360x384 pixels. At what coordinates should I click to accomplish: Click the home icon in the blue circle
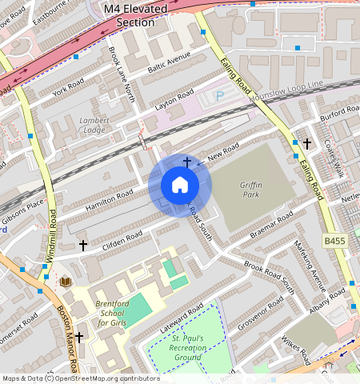[180, 185]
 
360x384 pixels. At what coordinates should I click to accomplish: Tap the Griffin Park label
[250, 189]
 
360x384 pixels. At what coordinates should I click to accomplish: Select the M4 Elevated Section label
[135, 14]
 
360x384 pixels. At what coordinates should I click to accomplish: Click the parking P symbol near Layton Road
[220, 97]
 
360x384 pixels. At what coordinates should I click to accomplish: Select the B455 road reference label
[337, 241]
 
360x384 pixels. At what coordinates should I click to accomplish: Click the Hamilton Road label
[109, 201]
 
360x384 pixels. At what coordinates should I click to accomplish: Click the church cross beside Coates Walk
[306, 143]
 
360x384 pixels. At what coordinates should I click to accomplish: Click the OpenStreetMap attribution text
[80, 378]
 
